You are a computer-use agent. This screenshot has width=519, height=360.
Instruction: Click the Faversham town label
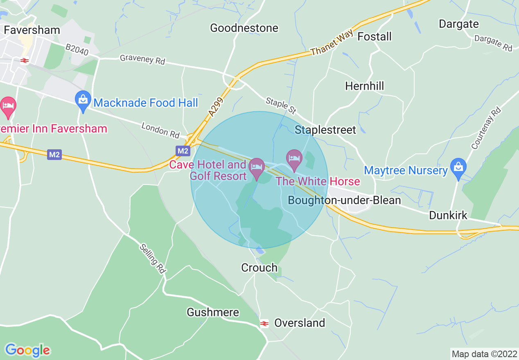coord(32,30)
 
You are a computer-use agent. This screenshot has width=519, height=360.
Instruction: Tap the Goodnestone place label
coord(244,28)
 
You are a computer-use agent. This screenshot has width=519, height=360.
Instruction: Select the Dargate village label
coord(458,24)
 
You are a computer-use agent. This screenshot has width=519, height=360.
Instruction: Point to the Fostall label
coord(375,36)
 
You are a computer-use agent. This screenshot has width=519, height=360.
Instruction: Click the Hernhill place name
coord(365,86)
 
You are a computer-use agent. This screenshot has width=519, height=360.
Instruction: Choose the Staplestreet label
coord(325,130)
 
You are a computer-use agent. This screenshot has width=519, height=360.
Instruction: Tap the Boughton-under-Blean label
coord(345,200)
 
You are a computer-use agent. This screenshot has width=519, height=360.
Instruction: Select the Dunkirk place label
coord(448,215)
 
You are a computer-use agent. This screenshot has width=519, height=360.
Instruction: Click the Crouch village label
coord(259,268)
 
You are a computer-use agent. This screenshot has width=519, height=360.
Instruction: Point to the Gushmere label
coord(213,312)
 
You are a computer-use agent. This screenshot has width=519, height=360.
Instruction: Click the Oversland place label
coord(300,323)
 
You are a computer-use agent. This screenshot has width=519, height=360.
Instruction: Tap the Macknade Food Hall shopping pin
coord(83,101)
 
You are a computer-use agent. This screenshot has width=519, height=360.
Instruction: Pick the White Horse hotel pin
coord(294,160)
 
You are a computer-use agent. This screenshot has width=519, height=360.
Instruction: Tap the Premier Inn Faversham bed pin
coord(8,107)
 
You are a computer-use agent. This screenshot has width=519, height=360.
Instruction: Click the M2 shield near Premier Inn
coord(54,155)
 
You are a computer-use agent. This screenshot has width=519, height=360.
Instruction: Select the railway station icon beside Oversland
coord(264,324)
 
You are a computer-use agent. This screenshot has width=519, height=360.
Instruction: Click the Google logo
coord(27,350)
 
